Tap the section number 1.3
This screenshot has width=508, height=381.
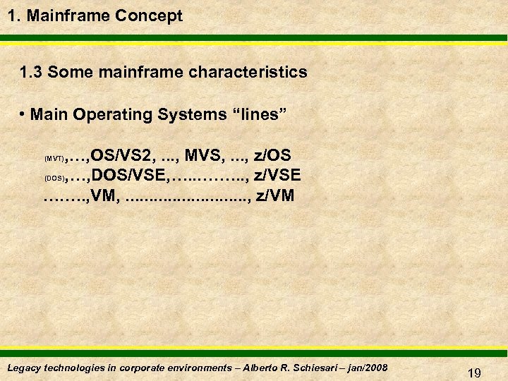(32, 72)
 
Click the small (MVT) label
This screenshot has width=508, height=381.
(54, 159)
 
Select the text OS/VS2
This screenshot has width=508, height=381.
(121, 155)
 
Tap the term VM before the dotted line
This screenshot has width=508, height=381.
(104, 195)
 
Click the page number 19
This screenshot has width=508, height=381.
(474, 373)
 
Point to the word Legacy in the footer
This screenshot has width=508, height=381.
(23, 368)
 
